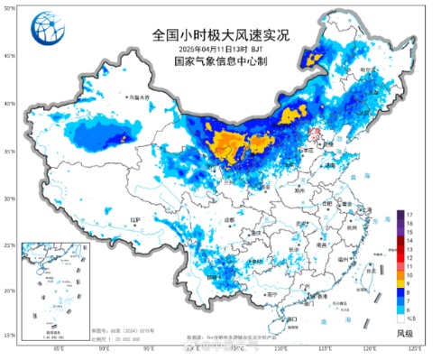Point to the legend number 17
409,214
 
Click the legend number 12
409,258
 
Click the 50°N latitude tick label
8,8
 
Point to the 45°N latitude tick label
8,56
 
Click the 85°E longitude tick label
59,346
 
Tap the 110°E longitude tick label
280,346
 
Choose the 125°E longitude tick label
414,346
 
